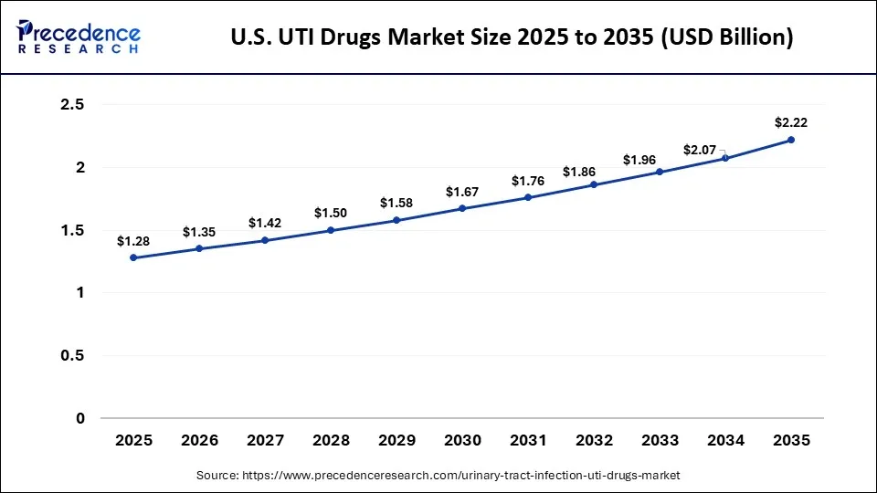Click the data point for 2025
[x=133, y=257]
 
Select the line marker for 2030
[x=462, y=208]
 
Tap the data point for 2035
[x=791, y=140]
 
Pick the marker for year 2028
[x=331, y=230]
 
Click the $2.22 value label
[x=791, y=122]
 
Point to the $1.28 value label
[x=133, y=241]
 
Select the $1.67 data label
[x=462, y=192]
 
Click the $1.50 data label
[x=331, y=213]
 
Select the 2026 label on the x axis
[x=199, y=440]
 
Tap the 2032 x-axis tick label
[x=594, y=440]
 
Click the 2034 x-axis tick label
[x=725, y=440]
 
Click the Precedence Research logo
[x=79, y=37]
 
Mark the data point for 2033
[x=660, y=172]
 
